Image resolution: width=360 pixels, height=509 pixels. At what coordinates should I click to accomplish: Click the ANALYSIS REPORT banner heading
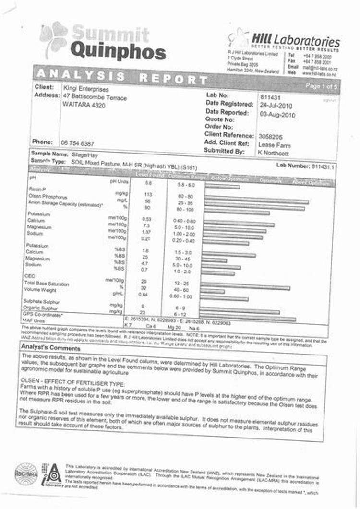click(x=122, y=77)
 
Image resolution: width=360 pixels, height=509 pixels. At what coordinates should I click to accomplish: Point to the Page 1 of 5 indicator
click(x=322, y=85)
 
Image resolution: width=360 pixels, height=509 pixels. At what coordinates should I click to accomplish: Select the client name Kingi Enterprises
click(x=86, y=89)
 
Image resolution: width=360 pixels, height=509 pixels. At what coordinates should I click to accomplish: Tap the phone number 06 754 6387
click(x=77, y=143)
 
